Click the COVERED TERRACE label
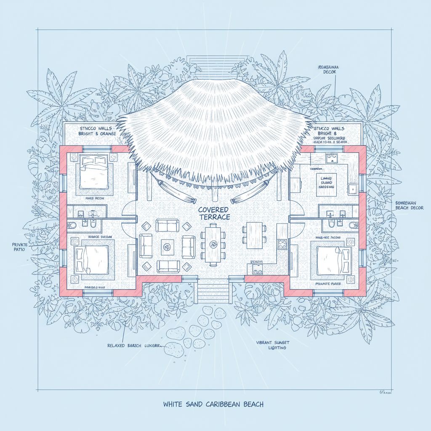pyautogui.click(x=214, y=213)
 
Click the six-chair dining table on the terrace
pyautogui.click(x=214, y=243)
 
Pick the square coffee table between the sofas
pyautogui.click(x=168, y=245)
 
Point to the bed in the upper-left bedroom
pyautogui.click(x=95, y=172)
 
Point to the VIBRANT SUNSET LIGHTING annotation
pyautogui.click(x=273, y=345)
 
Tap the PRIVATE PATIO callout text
pyautogui.click(x=18, y=247)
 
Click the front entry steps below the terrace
pyautogui.click(x=213, y=290)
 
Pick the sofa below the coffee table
pyautogui.click(x=168, y=266)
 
